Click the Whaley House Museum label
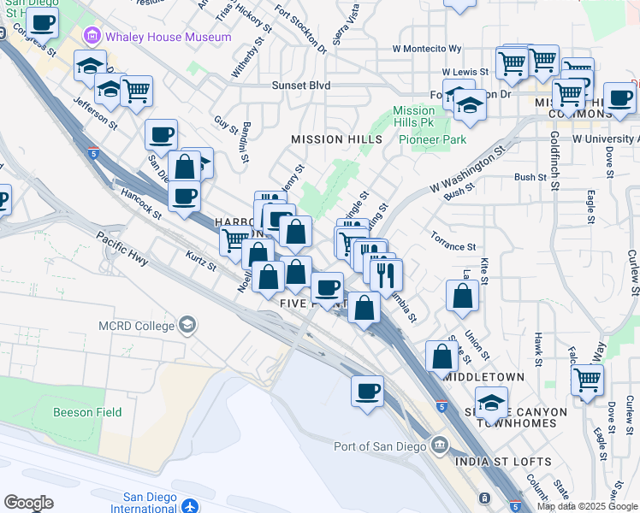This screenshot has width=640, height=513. pyautogui.click(x=169, y=37)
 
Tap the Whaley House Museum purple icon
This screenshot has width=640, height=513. pyautogui.click(x=92, y=37)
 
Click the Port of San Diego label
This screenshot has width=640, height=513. pyautogui.click(x=381, y=445)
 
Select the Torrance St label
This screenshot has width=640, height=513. pyautogui.click(x=453, y=246)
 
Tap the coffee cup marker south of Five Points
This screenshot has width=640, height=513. pyautogui.click(x=367, y=391)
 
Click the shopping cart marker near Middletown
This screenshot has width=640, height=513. pyautogui.click(x=586, y=379)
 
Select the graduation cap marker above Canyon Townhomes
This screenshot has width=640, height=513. pyautogui.click(x=491, y=401)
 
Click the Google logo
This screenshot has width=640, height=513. pyautogui.click(x=28, y=503)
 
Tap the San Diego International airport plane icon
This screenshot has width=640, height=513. pyautogui.click(x=189, y=506)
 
